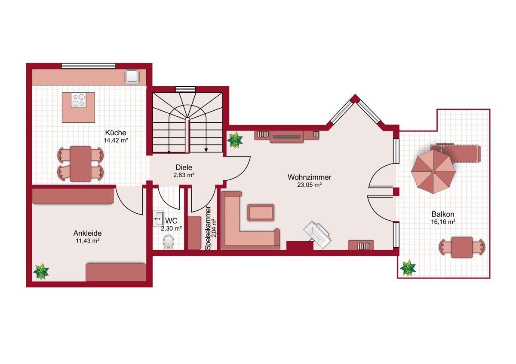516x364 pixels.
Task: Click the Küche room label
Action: point(116,133)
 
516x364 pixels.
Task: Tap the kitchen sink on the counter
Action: point(132,76)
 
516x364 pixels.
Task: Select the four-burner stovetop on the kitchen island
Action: point(79,100)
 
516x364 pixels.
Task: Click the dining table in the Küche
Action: point(81,164)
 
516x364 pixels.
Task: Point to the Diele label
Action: point(184,167)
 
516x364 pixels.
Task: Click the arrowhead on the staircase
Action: point(206,150)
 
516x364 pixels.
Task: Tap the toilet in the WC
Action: point(169,242)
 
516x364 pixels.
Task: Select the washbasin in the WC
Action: point(159,218)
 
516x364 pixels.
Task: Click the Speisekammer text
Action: point(209,228)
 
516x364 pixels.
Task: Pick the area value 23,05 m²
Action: point(309,185)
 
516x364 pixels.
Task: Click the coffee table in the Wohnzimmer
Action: point(261,213)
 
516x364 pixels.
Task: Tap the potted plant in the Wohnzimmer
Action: point(235,140)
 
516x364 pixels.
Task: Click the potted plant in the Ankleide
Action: point(41,272)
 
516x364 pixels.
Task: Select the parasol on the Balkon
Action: point(433,172)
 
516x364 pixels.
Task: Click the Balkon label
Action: point(443,214)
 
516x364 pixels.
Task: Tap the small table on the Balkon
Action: point(462,247)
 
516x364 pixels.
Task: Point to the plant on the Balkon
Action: point(408,268)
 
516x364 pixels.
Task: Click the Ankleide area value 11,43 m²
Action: point(88,241)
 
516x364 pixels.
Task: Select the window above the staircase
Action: point(185,89)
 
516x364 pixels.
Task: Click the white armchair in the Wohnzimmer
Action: point(317,234)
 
